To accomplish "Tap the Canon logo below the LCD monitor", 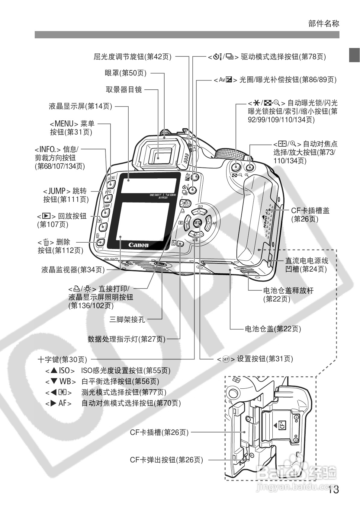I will [x=139, y=245].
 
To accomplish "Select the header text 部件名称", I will [x=324, y=24].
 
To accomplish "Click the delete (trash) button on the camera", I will [x=101, y=242].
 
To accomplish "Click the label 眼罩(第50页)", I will [x=125, y=73].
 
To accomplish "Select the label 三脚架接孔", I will [x=127, y=319].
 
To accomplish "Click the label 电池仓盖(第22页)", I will [x=273, y=329].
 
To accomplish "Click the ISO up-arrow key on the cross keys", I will [x=199, y=212].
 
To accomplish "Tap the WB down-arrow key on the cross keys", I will [x=195, y=234].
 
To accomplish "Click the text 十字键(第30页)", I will [x=62, y=359].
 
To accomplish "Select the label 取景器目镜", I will [x=124, y=90].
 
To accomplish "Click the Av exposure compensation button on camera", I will [x=196, y=177].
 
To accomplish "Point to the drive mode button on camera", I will [x=193, y=190].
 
